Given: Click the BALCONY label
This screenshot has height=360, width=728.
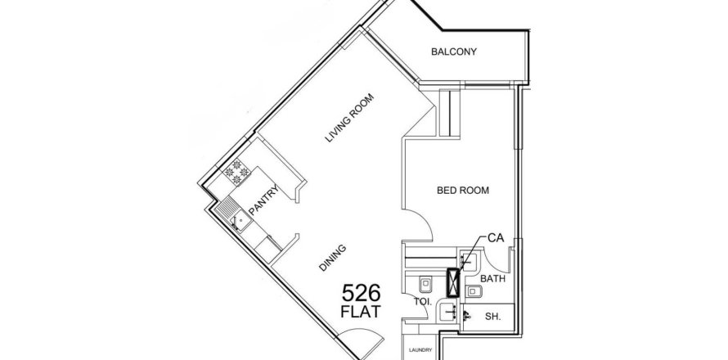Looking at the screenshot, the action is (x=454, y=52).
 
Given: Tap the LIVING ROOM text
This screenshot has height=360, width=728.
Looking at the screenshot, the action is (x=349, y=118).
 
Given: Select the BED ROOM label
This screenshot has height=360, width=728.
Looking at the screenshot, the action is (x=462, y=190).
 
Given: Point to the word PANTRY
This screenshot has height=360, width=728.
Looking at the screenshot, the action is (x=263, y=200).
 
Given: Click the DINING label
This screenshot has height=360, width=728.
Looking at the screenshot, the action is (x=332, y=258).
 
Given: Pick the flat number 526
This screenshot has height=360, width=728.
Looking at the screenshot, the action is (x=362, y=293).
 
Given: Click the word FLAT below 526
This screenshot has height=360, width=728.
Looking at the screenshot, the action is (x=361, y=312).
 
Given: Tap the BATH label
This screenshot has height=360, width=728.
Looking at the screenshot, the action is (x=492, y=279).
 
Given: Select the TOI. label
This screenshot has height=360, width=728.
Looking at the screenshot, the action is (x=423, y=301).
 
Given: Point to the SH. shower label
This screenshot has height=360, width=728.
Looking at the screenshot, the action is (x=492, y=317).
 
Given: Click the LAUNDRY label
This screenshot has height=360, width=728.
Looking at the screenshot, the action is (x=420, y=350).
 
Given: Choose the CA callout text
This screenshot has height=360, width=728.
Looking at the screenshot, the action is (x=496, y=238).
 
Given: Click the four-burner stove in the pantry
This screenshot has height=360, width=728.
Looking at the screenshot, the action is (x=236, y=173).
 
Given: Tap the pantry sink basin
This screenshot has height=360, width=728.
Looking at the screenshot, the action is (x=240, y=221).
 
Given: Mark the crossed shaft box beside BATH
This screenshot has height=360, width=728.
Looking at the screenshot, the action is (x=452, y=282).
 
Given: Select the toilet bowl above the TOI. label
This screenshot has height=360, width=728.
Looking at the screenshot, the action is (x=425, y=284).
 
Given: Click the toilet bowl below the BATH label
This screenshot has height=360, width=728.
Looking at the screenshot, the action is (x=474, y=291).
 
